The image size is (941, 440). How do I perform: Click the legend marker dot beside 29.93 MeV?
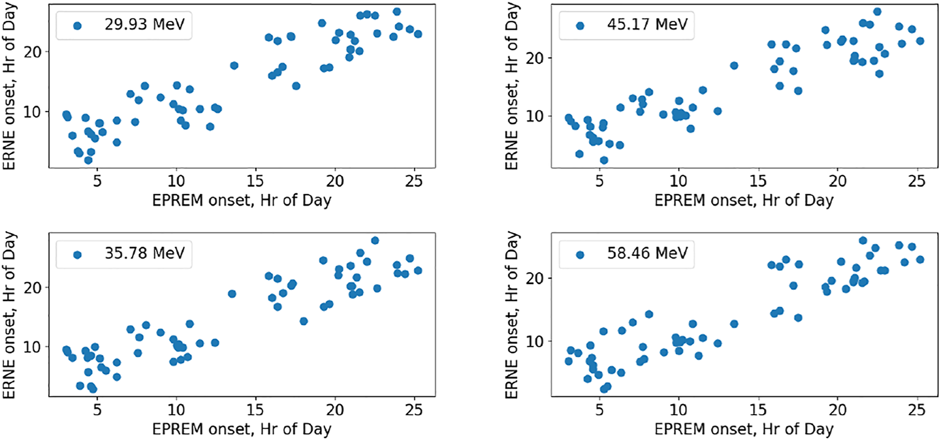coord(77,25)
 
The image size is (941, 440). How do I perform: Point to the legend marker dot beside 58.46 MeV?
coord(580,255)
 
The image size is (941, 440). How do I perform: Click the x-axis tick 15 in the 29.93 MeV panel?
coord(256,180)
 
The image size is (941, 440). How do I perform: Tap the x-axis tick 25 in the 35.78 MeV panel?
coord(415,410)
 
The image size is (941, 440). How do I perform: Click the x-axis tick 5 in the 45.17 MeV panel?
coord(599,180)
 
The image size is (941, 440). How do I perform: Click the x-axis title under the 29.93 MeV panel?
coord(242,200)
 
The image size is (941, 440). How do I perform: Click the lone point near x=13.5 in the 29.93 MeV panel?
coord(234,65)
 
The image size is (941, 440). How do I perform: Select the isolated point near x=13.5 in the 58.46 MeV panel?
coord(734,324)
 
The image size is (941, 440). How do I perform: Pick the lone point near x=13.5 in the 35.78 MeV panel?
coord(232,294)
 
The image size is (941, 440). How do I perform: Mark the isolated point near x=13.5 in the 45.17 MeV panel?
coord(734,65)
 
